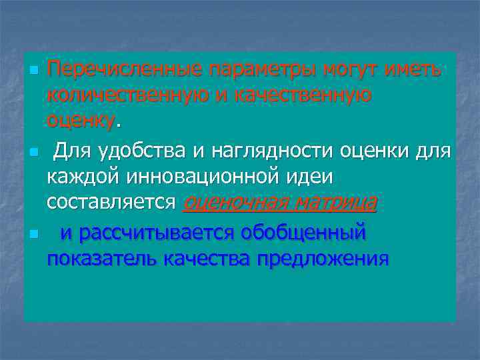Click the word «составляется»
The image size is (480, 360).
point(113,202)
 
